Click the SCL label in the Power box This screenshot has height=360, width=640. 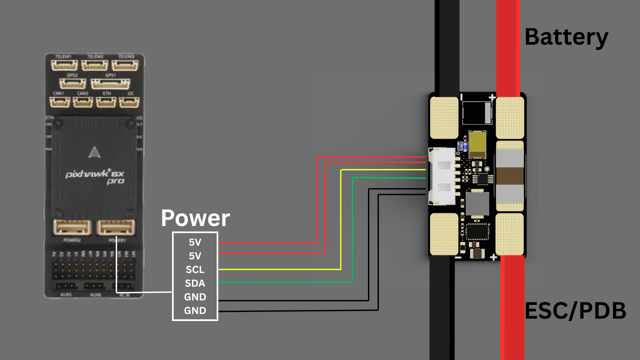tap(195, 269)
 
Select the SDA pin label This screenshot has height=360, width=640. tap(195, 283)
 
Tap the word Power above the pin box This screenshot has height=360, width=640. tap(195, 218)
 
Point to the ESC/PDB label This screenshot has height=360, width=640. tap(575, 311)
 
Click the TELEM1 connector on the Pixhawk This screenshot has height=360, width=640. tap(64, 65)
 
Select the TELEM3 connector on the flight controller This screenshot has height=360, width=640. tap(125, 65)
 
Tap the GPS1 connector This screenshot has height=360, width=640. tap(110, 84)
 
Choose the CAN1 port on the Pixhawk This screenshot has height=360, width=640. tap(60, 102)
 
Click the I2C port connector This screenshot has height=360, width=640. tap(129, 102)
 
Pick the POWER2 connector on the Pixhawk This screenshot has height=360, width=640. tap(72, 228)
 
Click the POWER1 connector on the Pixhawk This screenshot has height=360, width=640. tap(116, 228)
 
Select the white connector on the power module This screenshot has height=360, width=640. tap(442, 176)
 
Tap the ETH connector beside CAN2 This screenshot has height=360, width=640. tap(106, 102)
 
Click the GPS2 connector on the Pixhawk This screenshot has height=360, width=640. tap(73, 84)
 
